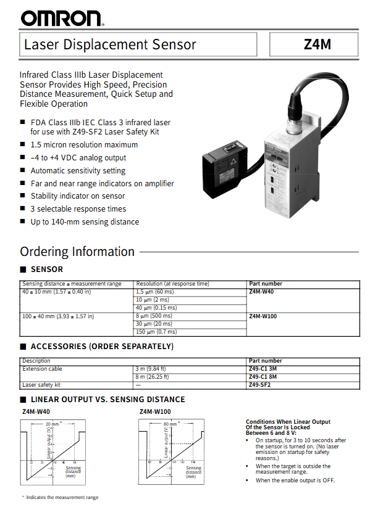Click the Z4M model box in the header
(x=314, y=44)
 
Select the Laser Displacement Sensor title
(x=110, y=44)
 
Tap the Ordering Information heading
(x=77, y=252)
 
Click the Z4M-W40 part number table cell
(x=261, y=292)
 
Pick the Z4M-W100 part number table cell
(x=263, y=316)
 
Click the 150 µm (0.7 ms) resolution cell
(x=156, y=332)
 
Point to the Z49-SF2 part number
(x=259, y=384)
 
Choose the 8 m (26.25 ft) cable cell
(x=152, y=376)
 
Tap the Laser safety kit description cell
(x=41, y=384)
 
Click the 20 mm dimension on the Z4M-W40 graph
(x=52, y=424)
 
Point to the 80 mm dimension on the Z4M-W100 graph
(x=170, y=424)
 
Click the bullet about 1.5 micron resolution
(x=84, y=145)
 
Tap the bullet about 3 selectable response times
(x=78, y=209)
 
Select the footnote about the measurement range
(x=61, y=497)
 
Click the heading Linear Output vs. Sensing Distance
(x=107, y=400)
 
